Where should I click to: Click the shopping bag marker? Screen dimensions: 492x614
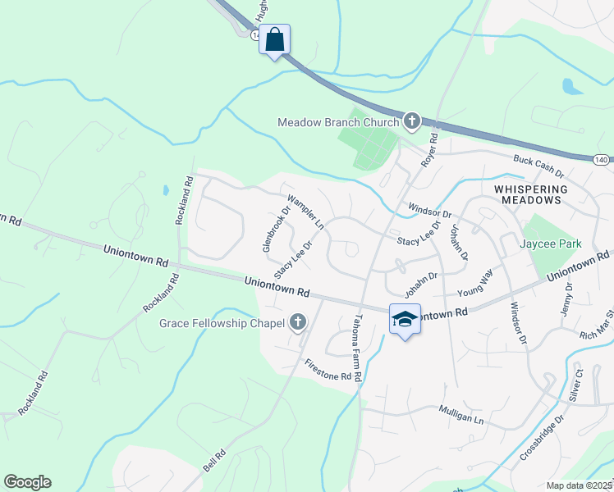pyautogui.click(x=275, y=39)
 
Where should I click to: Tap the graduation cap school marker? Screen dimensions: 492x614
pyautogui.click(x=405, y=318)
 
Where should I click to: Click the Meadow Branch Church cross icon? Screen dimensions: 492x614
pyautogui.click(x=411, y=122)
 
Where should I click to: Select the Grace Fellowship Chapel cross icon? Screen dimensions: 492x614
pyautogui.click(x=297, y=322)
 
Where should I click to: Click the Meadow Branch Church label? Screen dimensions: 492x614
pyautogui.click(x=337, y=122)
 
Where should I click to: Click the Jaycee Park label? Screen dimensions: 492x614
pyautogui.click(x=550, y=244)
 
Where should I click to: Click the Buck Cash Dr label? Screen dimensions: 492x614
pyautogui.click(x=538, y=167)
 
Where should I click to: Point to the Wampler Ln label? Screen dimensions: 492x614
pyautogui.click(x=305, y=212)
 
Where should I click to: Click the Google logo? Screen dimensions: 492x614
pyautogui.click(x=27, y=482)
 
